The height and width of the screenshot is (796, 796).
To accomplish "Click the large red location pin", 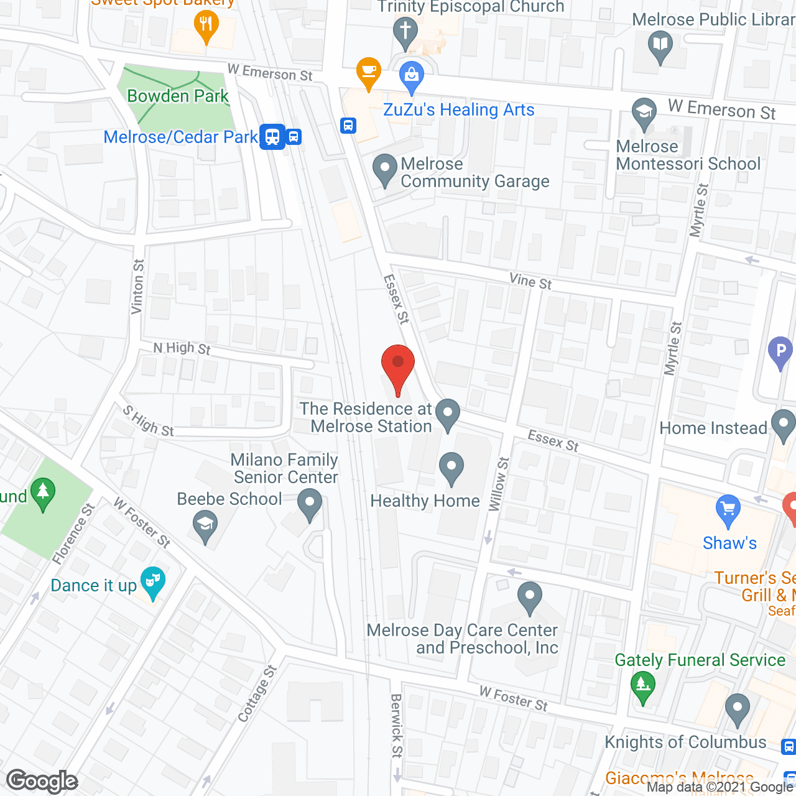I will (397, 367).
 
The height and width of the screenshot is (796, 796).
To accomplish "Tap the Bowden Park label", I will (178, 96).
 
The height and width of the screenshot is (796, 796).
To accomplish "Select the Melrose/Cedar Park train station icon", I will (273, 137).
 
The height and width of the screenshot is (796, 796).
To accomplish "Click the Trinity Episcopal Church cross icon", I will (405, 30).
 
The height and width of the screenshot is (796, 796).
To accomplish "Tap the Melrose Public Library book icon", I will (660, 45).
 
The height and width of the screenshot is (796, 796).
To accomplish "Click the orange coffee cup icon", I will (369, 72).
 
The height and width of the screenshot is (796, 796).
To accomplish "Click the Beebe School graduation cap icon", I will (205, 525).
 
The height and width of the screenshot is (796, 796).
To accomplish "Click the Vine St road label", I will (530, 282).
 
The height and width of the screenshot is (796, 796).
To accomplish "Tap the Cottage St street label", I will (257, 693).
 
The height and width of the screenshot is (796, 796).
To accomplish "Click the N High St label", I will (182, 348).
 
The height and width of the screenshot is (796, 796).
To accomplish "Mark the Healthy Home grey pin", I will (451, 467).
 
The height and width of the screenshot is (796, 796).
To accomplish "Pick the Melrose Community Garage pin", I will (385, 168).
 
